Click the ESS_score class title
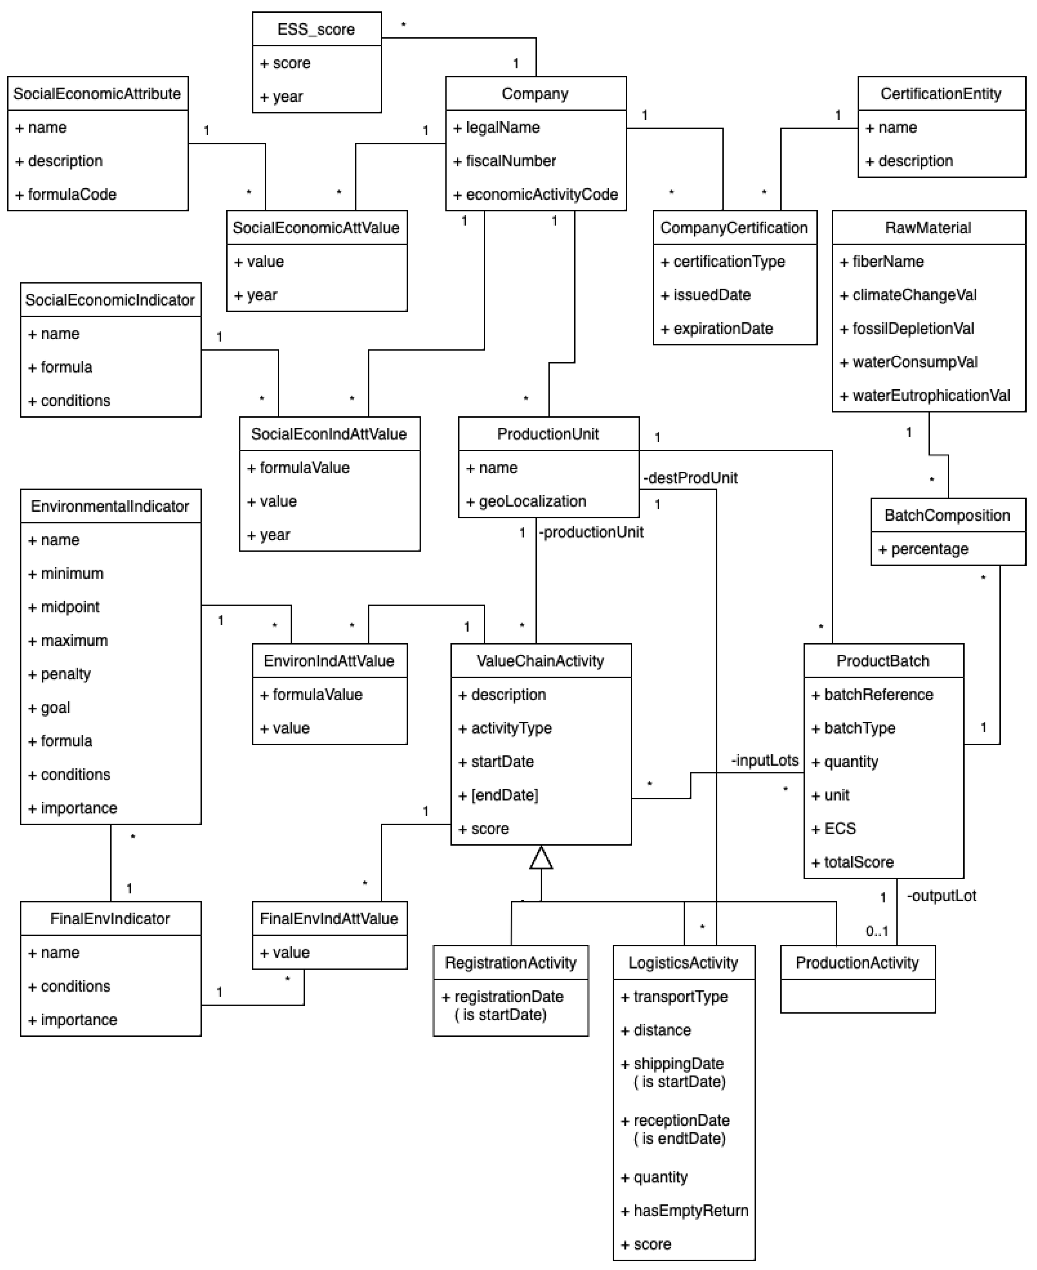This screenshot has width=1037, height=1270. click(x=316, y=29)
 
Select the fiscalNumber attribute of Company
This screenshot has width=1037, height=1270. click(x=511, y=161)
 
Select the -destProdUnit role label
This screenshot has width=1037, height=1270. click(x=690, y=478)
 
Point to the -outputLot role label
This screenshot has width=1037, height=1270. click(x=942, y=896)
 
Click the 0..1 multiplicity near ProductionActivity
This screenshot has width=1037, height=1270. click(x=877, y=931)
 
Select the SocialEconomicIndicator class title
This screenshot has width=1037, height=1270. click(x=110, y=300)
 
